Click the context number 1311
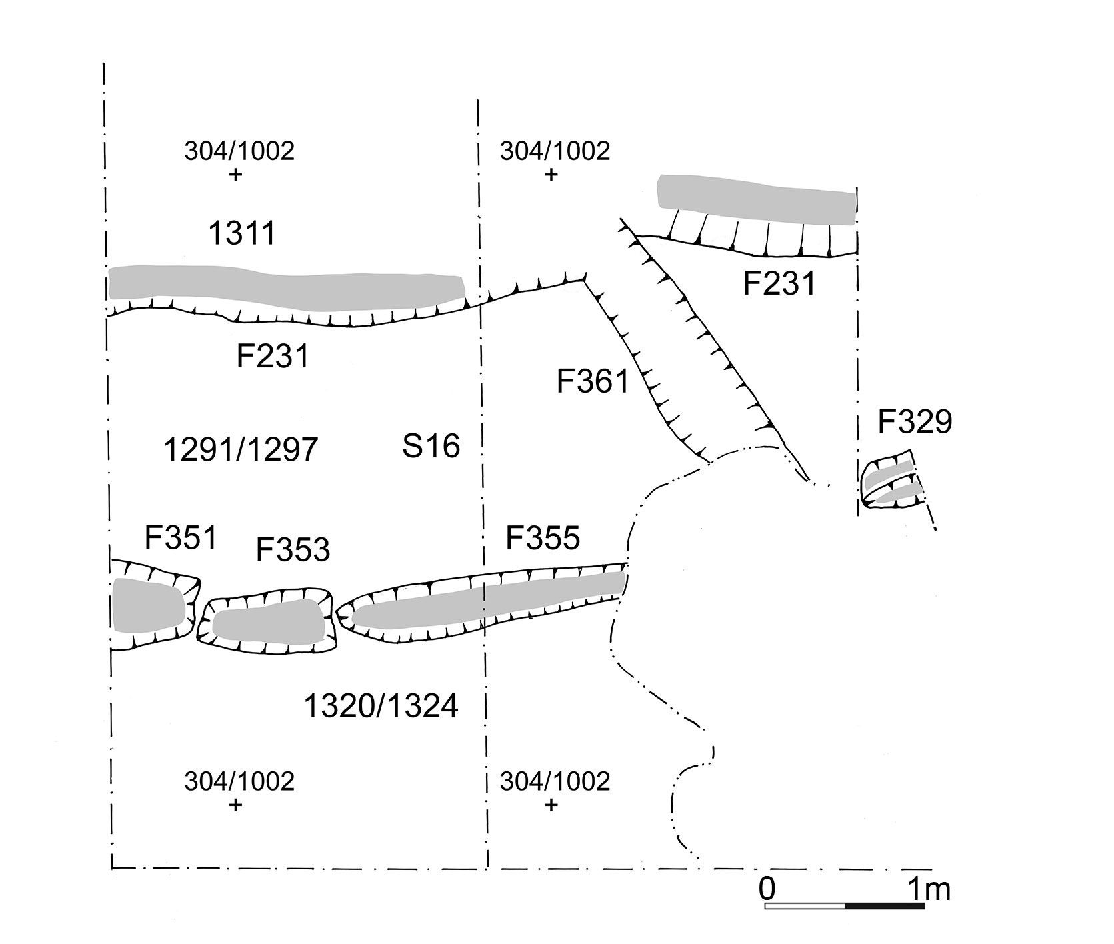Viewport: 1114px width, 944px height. (242, 234)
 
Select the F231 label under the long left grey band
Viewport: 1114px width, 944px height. (273, 356)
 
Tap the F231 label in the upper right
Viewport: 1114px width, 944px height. (779, 284)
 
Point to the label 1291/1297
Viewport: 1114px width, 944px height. (241, 450)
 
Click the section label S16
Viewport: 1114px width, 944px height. (431, 445)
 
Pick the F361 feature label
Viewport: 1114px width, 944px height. (593, 383)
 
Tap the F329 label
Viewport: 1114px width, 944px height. (915, 421)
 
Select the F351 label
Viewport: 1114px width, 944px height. (181, 537)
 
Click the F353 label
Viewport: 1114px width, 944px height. (293, 550)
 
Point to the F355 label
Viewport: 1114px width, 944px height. (543, 537)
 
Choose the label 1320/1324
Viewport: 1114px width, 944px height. (381, 706)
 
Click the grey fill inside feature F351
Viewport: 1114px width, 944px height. (148, 605)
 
